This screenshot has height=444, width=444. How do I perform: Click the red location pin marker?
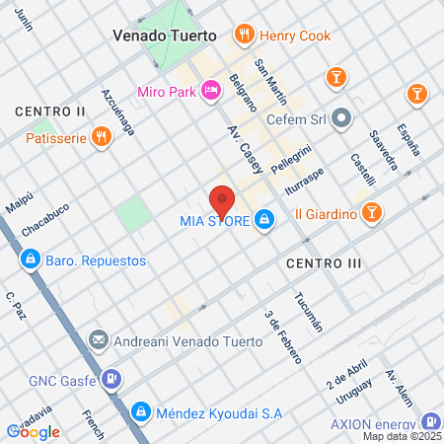point(222,201)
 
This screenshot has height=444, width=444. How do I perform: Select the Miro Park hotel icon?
point(209,92)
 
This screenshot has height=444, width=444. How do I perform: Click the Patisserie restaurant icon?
point(101,138)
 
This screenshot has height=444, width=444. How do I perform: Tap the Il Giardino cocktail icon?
point(372,211)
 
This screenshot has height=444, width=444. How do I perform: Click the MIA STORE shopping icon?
point(263,219)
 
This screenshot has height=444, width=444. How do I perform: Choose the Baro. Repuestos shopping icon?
point(30,260)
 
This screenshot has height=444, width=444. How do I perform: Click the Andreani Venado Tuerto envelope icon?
point(99,341)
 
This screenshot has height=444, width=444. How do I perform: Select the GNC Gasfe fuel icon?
point(113,378)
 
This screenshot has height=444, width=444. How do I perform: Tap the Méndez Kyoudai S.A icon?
point(141,409)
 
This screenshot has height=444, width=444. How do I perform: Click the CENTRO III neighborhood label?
point(324,263)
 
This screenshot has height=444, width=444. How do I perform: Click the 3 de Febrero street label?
point(281,336)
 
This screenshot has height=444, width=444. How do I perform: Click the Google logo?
point(34,431)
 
